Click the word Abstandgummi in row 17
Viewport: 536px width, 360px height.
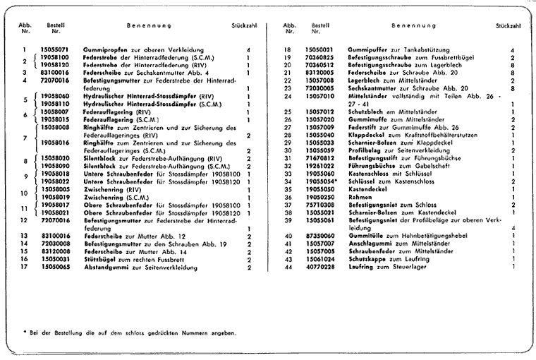point(106,268)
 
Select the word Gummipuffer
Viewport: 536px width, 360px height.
point(368,50)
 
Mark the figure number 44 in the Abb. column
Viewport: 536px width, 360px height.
point(288,268)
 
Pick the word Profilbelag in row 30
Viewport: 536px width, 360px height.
point(366,150)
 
